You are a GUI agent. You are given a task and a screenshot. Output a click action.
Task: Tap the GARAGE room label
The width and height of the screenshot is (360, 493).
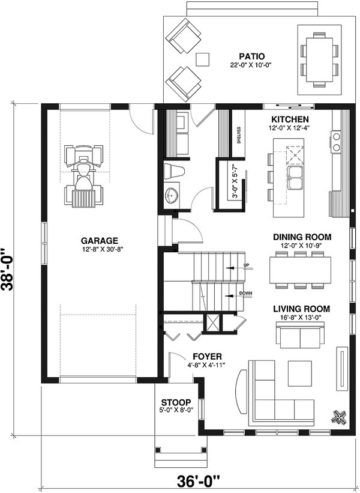100,239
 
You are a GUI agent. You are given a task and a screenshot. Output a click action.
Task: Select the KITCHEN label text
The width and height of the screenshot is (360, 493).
290,119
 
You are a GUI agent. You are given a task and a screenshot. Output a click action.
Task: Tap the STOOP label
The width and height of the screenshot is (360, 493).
176,402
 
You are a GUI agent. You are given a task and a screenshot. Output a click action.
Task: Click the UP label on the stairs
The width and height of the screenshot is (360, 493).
245,265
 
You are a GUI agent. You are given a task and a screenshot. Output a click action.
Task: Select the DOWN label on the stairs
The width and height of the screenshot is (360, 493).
245,294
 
